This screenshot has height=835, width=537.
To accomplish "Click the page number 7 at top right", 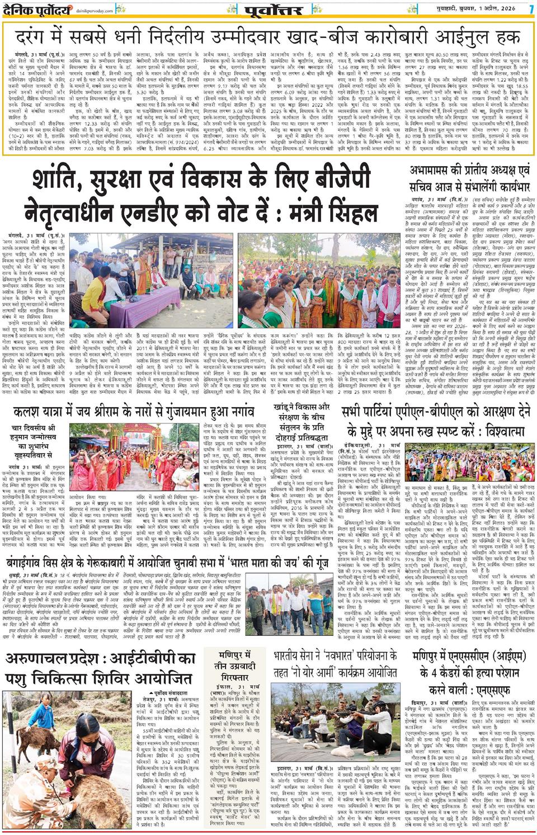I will (531, 10).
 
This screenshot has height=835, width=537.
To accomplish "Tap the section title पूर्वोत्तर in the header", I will (274, 10).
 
